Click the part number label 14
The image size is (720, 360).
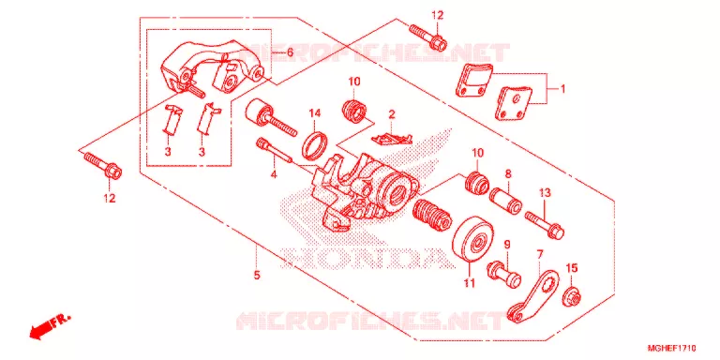click(314, 112)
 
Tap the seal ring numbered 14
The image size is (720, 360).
click(315, 143)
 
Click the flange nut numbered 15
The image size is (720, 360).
click(573, 296)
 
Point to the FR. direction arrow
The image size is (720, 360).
click(50, 325)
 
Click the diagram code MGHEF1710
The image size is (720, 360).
click(673, 348)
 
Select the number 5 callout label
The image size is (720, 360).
click(257, 275)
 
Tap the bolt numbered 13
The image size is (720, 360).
click(545, 224)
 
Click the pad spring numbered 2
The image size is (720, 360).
click(392, 137)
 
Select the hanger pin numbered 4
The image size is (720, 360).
click(274, 149)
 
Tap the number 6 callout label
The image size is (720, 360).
click(290, 52)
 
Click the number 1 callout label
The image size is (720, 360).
click(562, 89)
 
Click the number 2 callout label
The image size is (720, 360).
click(392, 113)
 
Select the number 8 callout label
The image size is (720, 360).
click(508, 173)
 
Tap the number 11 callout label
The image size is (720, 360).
click(469, 284)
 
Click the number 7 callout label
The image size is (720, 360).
click(540, 253)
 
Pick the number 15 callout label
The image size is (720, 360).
click(572, 268)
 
